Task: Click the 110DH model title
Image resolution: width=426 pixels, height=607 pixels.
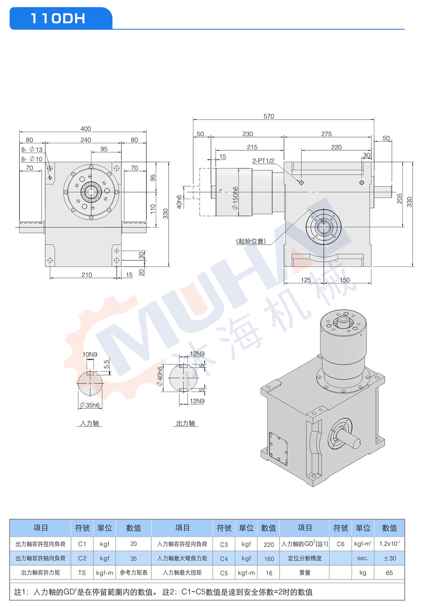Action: coord(58,19)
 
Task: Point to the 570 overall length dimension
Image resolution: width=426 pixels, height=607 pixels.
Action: coord(268,116)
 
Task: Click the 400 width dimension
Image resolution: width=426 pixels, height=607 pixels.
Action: coord(86,129)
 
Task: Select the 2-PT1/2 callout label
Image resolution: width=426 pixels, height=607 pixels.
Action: coord(263,161)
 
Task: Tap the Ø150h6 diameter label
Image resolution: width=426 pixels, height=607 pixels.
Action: coord(235,198)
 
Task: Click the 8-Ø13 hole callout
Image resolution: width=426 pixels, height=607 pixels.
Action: coord(32,149)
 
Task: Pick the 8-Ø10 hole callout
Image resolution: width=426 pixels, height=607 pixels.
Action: coord(32,159)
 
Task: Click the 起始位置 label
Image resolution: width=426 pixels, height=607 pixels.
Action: coord(251,241)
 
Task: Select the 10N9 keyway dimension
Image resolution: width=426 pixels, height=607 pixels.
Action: coord(90,354)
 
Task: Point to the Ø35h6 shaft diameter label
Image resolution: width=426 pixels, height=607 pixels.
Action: coord(90,405)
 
